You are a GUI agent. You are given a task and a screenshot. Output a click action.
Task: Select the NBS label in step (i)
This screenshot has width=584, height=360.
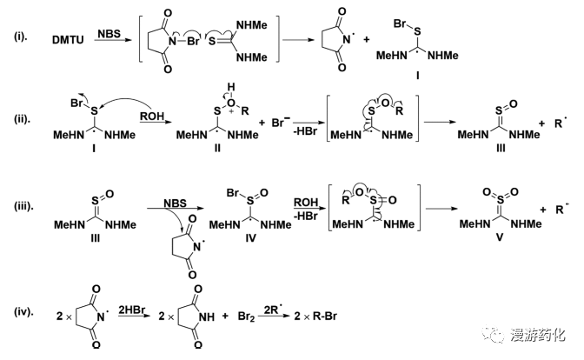(x=109, y=34)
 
